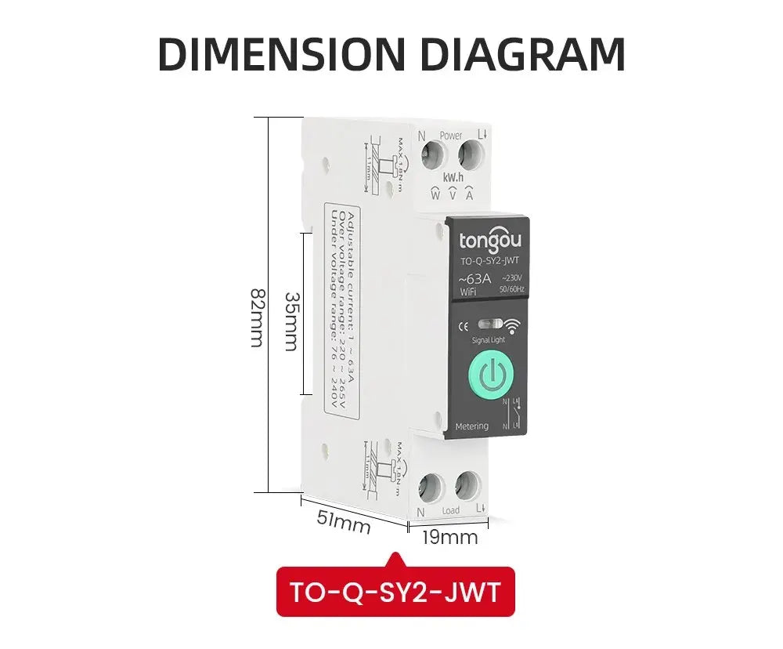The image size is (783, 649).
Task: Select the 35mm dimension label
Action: click(291, 321)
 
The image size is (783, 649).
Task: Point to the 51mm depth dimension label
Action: click(343, 521)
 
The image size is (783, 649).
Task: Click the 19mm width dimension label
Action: click(449, 538)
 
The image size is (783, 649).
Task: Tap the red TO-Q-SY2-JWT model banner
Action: click(395, 592)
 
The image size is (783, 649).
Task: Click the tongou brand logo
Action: click(489, 238)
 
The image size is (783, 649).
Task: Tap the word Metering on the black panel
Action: click(471, 426)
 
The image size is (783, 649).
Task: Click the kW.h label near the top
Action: click(454, 178)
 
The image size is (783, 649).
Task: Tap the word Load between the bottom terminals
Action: click(451, 511)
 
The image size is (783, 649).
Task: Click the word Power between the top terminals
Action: click(451, 135)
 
